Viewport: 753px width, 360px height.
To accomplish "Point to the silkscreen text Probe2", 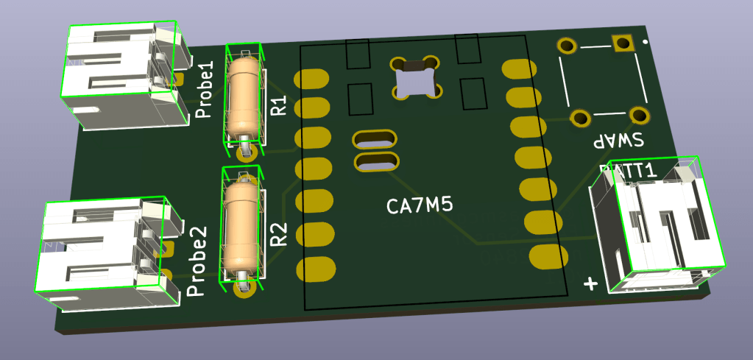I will [x=197, y=261].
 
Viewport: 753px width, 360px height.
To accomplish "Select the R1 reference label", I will [x=278, y=105].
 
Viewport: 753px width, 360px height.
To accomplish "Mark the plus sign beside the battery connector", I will [x=590, y=284].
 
